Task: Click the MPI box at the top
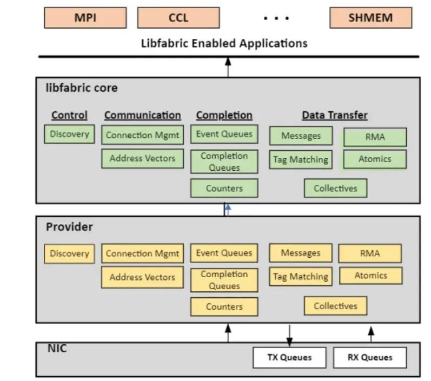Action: coord(85,18)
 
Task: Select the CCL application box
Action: coord(178,18)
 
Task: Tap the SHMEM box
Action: coord(370,18)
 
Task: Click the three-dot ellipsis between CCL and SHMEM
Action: coord(276,18)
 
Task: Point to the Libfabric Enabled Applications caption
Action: coord(224,43)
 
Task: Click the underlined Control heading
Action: coord(69,115)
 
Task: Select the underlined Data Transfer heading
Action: coord(334,115)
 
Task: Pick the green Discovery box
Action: coord(69,134)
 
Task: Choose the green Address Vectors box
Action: coord(142,158)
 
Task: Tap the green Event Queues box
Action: coord(224,134)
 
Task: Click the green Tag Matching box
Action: coord(301,159)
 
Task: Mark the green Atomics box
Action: coord(375,159)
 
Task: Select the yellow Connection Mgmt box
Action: coord(142,253)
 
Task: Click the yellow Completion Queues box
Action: coord(224,280)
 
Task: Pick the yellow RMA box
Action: coord(370,253)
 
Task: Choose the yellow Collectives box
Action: coord(335,306)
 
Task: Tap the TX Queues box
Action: coord(289,357)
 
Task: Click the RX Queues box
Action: coord(369,357)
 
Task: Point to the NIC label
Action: coord(57,349)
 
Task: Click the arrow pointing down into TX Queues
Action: coord(289,335)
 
